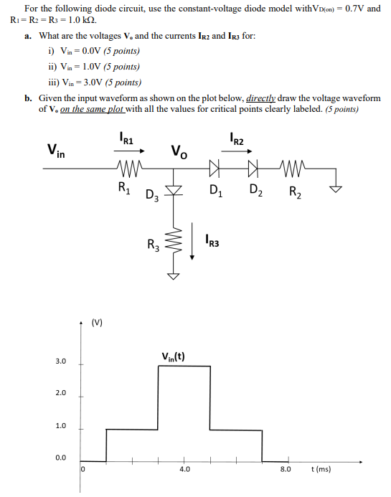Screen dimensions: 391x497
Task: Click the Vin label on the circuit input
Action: coord(55,151)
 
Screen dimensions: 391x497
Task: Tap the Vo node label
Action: coord(179,151)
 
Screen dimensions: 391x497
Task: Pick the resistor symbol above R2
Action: coord(295,171)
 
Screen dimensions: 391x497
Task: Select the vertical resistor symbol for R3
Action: coord(172,244)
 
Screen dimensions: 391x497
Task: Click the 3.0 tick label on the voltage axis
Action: coord(60,361)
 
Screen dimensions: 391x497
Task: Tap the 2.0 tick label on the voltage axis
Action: coord(60,394)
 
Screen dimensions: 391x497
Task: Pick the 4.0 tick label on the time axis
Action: coord(184,470)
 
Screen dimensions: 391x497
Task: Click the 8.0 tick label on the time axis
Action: coord(285,470)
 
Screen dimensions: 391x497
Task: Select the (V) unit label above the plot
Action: coord(97,321)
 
